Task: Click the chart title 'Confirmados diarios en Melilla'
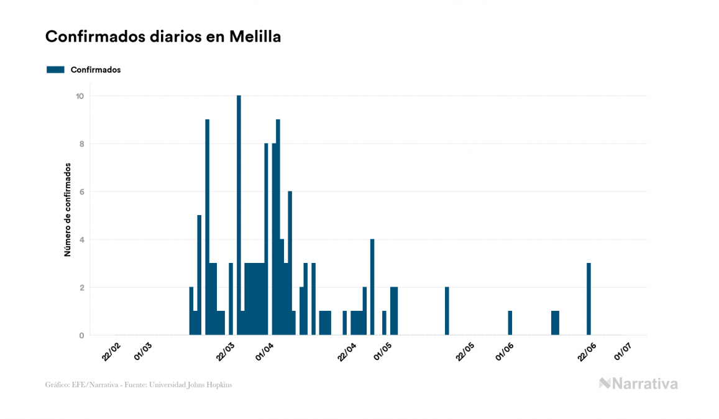163,37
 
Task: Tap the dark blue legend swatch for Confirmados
55,70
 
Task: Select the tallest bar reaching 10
239,215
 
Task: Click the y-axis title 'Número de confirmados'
67,210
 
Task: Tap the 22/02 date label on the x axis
111,349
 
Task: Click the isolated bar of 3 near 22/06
588,299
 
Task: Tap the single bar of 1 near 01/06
510,323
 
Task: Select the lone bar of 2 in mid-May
447,311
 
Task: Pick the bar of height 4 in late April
372,287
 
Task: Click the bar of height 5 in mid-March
199,275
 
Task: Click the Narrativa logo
638,384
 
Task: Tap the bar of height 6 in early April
290,263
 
